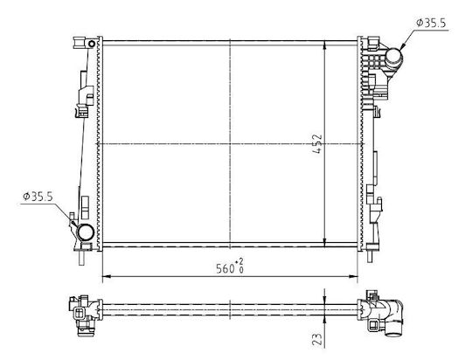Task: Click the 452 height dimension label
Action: [317, 144]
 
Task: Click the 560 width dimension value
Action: [226, 268]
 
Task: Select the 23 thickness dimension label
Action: [317, 339]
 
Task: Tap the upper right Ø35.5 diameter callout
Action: [431, 23]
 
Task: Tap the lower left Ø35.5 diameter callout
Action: [38, 197]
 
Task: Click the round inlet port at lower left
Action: [85, 232]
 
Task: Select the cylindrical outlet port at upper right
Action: [393, 58]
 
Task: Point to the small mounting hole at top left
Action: [92, 44]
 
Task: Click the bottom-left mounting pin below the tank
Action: [81, 258]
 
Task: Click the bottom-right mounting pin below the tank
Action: [370, 256]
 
